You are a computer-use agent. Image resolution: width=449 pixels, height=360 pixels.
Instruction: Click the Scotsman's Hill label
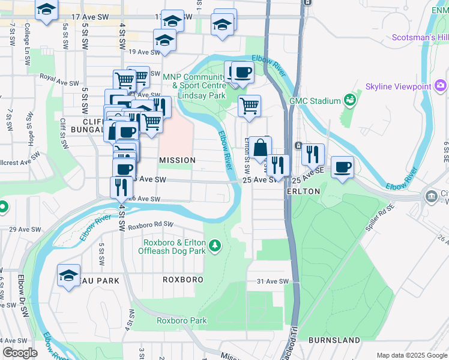pos(419,37)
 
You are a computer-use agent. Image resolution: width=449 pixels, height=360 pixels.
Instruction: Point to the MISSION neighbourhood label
pos(177,160)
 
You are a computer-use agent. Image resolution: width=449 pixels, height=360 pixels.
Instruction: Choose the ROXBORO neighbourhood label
pos(183,280)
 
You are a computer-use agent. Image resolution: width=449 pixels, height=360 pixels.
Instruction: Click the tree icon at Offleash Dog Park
pos(214,245)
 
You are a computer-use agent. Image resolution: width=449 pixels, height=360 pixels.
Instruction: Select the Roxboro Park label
pos(182,320)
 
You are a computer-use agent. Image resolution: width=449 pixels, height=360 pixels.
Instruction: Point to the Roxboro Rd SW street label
pos(150,225)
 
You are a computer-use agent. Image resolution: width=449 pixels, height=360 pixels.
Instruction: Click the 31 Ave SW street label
pos(273,281)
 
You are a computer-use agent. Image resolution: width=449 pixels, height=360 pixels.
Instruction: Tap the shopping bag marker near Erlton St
pos(261,148)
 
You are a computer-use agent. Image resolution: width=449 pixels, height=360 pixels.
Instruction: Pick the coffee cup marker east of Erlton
pos(342,167)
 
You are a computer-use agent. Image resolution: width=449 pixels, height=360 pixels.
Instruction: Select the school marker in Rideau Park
pos(68,275)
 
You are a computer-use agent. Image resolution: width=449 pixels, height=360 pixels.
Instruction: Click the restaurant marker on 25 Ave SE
pos(313,153)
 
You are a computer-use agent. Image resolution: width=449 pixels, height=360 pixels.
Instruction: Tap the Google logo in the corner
pos(20,353)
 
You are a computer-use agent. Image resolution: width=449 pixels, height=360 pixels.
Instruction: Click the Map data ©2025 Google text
pos(411,355)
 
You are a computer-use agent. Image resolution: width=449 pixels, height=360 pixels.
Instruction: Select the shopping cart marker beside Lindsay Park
pos(249,106)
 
